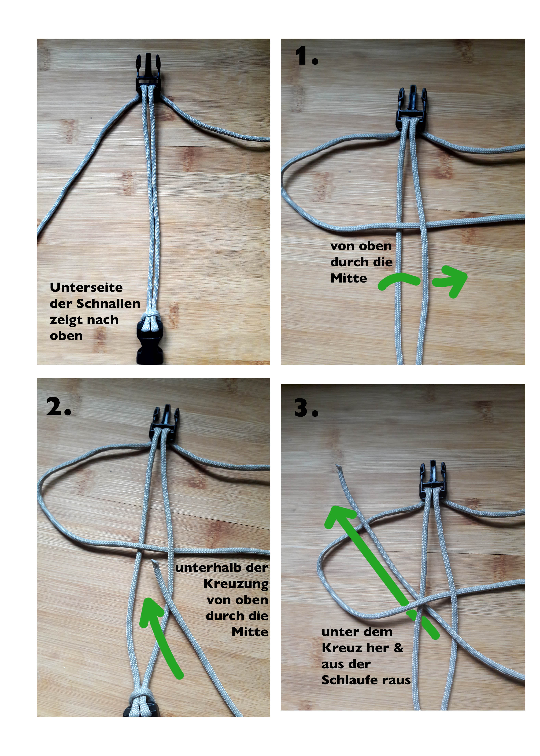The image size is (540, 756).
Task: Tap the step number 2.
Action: [58, 406]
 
